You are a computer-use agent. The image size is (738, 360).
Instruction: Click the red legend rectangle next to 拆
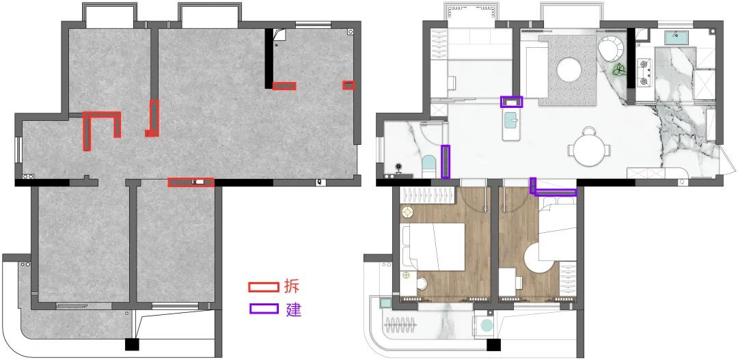tap(263, 287)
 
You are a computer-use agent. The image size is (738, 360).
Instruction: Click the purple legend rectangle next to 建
tap(263, 309)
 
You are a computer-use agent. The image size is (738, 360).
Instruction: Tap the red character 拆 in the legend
tap(292, 286)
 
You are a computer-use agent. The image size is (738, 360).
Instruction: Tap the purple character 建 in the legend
tap(293, 309)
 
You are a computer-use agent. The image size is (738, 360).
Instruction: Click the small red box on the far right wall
tap(348, 85)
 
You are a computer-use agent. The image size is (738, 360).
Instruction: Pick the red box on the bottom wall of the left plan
tap(191, 182)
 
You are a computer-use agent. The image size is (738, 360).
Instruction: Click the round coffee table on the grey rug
tap(568, 70)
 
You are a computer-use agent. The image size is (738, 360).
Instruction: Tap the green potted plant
tap(619, 70)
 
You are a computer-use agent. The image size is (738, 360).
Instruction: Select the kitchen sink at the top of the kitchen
tap(677, 37)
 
